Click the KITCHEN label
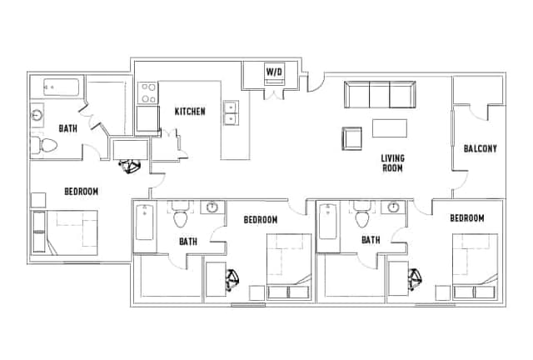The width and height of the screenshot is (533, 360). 190,112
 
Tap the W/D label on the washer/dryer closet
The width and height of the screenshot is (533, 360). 274,72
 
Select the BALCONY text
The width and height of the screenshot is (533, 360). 480,149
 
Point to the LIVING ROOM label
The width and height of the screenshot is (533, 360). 392,162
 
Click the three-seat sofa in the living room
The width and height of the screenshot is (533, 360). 379,95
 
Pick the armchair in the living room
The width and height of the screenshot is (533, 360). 351,138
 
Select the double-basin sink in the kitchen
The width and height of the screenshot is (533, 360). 231,112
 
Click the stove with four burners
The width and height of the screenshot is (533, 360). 149,92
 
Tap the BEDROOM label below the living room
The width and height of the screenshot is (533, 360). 466,218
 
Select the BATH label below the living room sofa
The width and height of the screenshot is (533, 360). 371,240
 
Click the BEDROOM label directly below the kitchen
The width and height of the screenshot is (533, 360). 260,219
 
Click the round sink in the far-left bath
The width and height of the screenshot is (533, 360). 38,115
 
